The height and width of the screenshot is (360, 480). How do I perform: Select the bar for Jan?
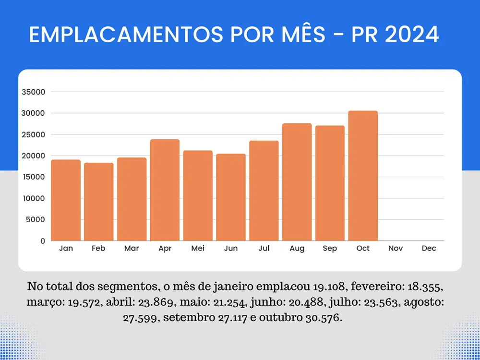[66, 200]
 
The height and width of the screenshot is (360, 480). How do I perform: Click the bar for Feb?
[99, 202]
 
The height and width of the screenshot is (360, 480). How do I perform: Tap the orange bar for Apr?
[165, 190]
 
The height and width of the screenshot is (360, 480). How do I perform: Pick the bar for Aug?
[297, 182]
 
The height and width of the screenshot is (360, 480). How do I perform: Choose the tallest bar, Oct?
[363, 176]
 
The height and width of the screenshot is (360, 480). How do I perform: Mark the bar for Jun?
[231, 197]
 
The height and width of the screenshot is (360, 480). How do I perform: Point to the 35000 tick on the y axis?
[34, 92]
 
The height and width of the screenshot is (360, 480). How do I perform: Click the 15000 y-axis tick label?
[34, 177]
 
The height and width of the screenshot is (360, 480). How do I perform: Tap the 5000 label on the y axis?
[36, 219]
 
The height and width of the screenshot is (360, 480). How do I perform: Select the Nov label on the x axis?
[396, 249]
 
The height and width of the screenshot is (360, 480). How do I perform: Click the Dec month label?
[429, 249]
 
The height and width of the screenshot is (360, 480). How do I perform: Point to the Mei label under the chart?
[198, 249]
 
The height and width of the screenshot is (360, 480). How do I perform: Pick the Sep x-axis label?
[330, 249]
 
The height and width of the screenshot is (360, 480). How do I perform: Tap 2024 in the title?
[412, 35]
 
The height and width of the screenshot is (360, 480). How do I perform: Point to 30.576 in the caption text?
[324, 318]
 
